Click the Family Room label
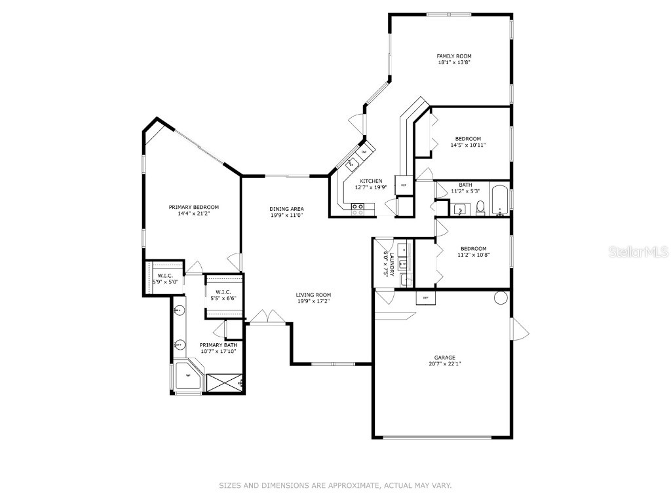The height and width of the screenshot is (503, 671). tap(454, 56)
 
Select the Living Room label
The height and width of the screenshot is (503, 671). tap(313, 295)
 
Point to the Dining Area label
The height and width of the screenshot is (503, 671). tap(286, 209)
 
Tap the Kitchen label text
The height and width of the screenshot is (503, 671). tap(371, 181)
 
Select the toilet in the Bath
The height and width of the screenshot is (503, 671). tap(480, 208)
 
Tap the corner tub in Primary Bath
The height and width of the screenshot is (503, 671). tap(188, 376)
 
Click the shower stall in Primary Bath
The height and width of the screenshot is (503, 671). tap(225, 382)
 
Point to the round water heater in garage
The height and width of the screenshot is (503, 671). tap(501, 298)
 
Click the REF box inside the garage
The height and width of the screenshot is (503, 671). tap(425, 298)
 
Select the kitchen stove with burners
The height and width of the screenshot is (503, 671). tap(358, 208)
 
